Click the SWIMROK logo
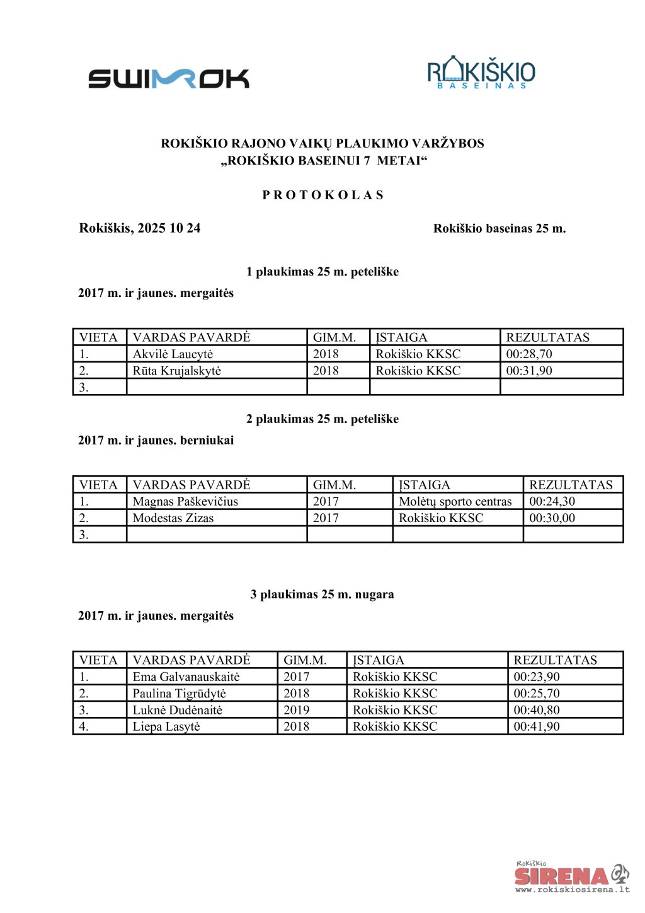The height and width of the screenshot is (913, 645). tap(168, 79)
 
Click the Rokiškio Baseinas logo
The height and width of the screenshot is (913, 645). tap(481, 73)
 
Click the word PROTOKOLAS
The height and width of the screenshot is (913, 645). tap(322, 195)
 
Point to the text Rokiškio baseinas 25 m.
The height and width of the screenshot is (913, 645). tap(499, 229)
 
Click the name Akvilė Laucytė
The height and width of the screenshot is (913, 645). tap(173, 354)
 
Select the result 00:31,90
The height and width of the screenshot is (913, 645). tap(529, 371)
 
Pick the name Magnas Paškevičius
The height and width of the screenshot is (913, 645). tap(185, 502)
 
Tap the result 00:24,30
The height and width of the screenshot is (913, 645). tap(552, 502)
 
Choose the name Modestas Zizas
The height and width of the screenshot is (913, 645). tap(173, 518)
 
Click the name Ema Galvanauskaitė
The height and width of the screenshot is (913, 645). tap(186, 677)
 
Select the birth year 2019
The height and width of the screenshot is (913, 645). tap(296, 710)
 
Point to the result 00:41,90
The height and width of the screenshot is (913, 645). tap(536, 726)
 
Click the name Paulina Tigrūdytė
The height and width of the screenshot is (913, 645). tap(179, 694)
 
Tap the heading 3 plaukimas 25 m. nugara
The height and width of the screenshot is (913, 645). tap(322, 595)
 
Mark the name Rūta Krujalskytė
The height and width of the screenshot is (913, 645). tap(176, 371)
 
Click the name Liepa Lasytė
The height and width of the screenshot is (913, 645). tap(166, 726)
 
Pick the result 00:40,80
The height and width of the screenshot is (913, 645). tap(536, 710)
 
